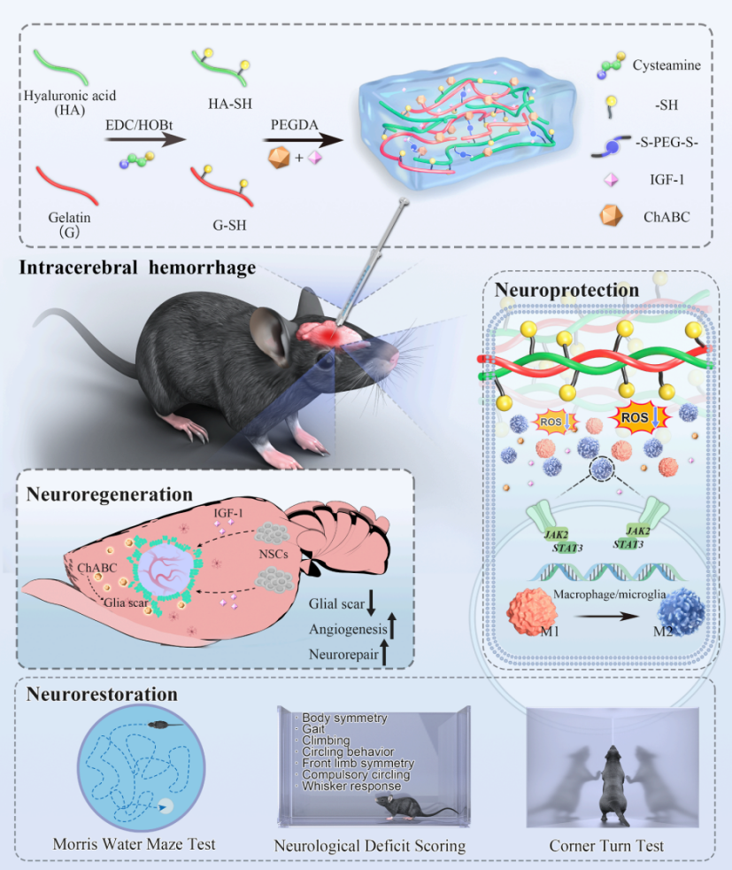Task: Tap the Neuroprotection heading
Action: click(566, 290)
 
